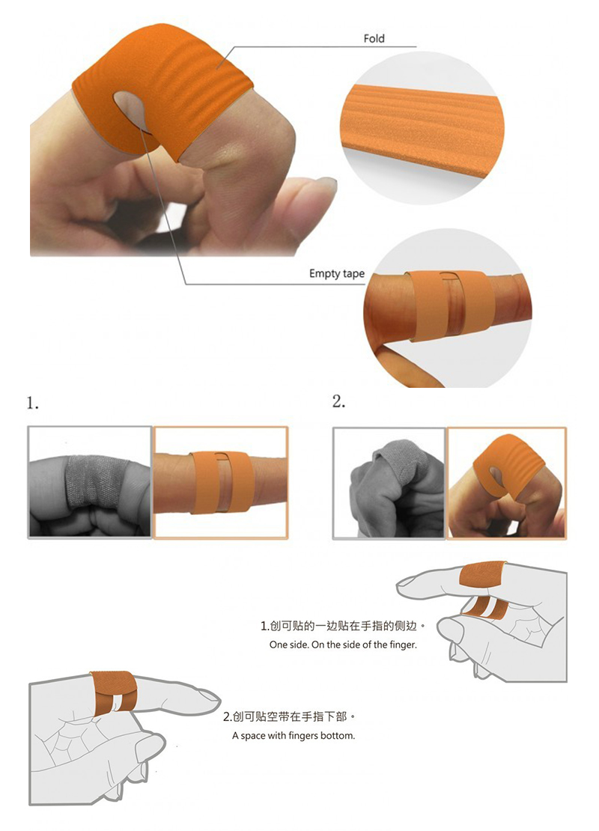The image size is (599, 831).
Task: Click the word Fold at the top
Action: [x=374, y=38]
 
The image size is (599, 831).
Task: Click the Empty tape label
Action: [x=337, y=273]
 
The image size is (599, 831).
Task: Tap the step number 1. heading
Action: [x=33, y=404]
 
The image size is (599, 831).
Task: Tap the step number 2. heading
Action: [x=338, y=402]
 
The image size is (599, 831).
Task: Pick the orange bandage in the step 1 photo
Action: [x=221, y=482]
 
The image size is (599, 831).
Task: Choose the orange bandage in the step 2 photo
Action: [x=508, y=466]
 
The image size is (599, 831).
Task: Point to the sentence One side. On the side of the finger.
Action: [x=343, y=645]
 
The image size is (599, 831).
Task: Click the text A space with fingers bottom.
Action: [x=294, y=736]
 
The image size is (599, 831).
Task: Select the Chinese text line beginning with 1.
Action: [x=343, y=626]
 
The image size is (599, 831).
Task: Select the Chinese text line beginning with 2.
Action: [x=289, y=716]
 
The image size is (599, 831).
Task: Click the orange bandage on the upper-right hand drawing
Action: [x=482, y=576]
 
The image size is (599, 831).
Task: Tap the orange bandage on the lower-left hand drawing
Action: [x=114, y=692]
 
